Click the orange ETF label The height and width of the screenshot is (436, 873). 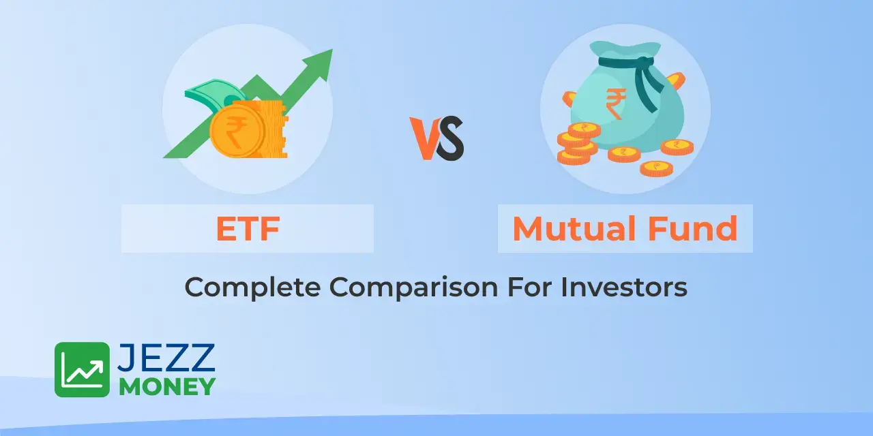pyautogui.click(x=248, y=228)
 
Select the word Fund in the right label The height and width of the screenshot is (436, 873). pyautogui.click(x=693, y=228)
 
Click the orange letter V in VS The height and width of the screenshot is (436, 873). pyautogui.click(x=424, y=138)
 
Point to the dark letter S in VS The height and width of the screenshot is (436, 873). pyautogui.click(x=451, y=138)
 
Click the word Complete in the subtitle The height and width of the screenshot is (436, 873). pyautogui.click(x=252, y=288)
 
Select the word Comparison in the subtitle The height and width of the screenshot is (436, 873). pyautogui.click(x=413, y=288)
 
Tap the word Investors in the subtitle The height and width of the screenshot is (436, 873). pyautogui.click(x=624, y=287)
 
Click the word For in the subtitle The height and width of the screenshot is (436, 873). pyautogui.click(x=529, y=287)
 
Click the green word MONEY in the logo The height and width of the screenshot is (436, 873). pyautogui.click(x=168, y=386)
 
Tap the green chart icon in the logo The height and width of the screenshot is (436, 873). pyautogui.click(x=83, y=369)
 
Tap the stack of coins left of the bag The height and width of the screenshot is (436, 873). pyautogui.click(x=578, y=143)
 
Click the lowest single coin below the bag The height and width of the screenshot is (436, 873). pyautogui.click(x=657, y=168)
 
